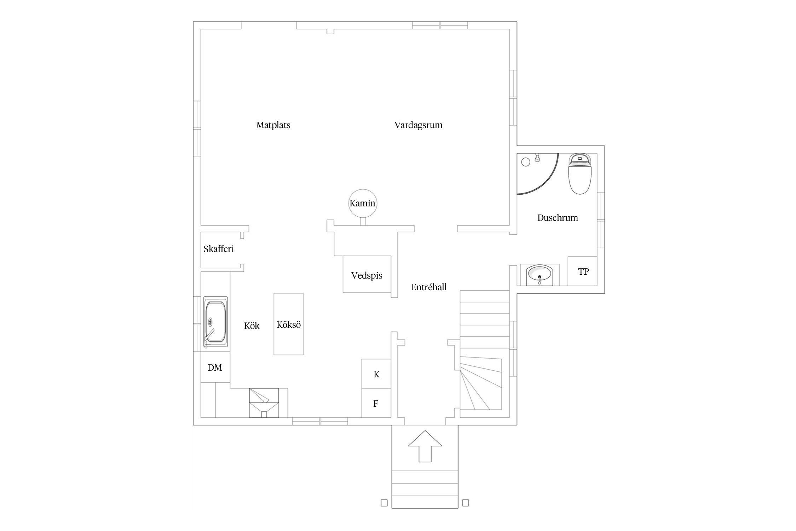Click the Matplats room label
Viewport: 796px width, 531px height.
tap(273, 125)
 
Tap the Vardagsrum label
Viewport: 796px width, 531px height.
tap(419, 125)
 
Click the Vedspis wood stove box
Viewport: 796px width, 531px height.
tap(367, 274)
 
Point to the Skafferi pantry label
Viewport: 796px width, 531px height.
tap(218, 249)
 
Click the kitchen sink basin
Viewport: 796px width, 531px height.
tap(215, 322)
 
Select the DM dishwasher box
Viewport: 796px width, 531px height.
tap(215, 367)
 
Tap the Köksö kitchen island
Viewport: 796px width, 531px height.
tap(289, 324)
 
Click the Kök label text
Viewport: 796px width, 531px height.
tap(252, 326)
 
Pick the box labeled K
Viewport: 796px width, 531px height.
tap(376, 374)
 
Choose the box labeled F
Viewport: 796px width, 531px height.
tap(376, 403)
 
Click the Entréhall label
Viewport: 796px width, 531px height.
tap(429, 287)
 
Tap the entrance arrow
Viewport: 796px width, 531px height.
tap(425, 446)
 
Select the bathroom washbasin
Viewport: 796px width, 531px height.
tap(539, 275)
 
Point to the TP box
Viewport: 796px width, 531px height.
tap(583, 271)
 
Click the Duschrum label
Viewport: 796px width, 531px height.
tap(558, 218)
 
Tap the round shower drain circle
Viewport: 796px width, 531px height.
tap(526, 162)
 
